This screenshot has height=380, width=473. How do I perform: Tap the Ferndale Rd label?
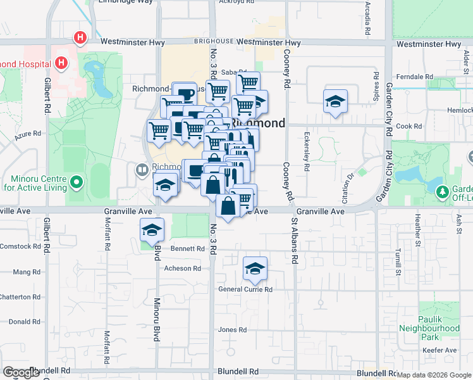(410, 77)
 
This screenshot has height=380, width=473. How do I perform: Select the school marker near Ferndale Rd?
(335, 102)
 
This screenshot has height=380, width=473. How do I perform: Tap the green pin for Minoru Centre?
(77, 184)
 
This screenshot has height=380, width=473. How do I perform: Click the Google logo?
(21, 372)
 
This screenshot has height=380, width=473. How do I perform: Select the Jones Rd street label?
(232, 330)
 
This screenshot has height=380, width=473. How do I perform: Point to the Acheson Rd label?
(183, 269)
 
